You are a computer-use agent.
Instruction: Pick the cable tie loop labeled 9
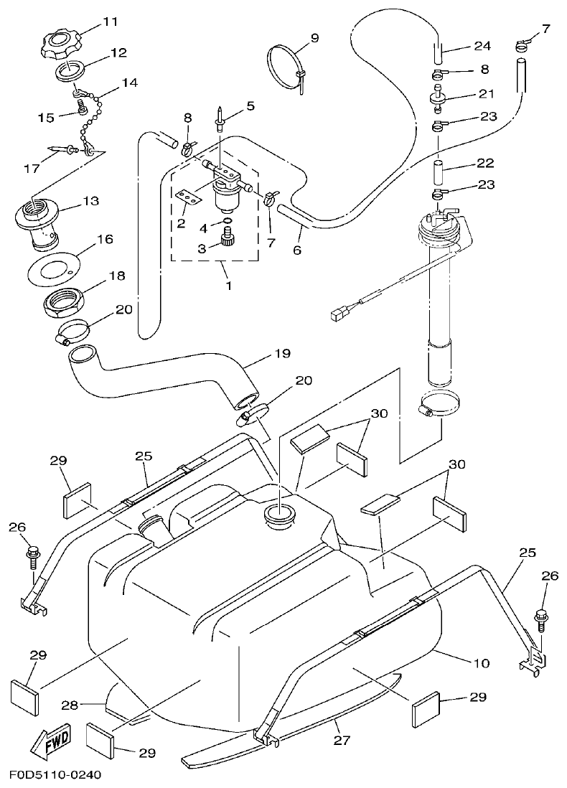point(286,65)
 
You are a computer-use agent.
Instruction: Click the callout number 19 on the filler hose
point(282,354)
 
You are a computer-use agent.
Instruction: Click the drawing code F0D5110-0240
point(55,775)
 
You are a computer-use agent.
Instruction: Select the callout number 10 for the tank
point(482,662)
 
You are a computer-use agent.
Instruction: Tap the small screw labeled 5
point(219,118)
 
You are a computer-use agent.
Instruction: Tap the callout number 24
point(482,46)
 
